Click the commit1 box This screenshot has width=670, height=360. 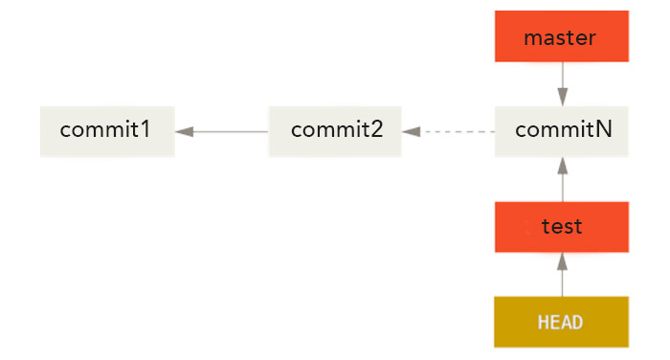[x=107, y=131]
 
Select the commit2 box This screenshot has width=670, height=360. [x=335, y=131]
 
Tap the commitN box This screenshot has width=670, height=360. [x=562, y=131]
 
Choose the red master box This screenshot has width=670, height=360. [x=562, y=37]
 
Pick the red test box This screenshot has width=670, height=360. [x=562, y=227]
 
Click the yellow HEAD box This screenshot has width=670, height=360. [x=562, y=322]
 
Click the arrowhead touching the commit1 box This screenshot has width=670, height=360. [x=184, y=131]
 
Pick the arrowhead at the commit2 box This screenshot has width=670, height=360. [x=412, y=131]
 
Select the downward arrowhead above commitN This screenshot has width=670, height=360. [x=562, y=97]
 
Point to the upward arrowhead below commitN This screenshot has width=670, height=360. [x=562, y=166]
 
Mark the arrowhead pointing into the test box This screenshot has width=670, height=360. [x=562, y=260]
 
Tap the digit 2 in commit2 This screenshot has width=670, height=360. [x=376, y=130]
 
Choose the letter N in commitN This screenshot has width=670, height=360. [x=603, y=130]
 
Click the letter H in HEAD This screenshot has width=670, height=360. [x=543, y=323]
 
